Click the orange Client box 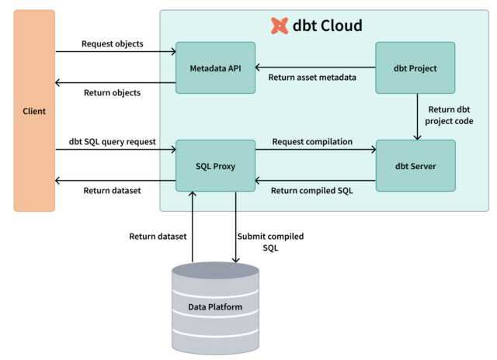[x=34, y=111]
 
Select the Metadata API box [x=215, y=68]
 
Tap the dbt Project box [x=415, y=68]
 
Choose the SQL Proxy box [x=215, y=165]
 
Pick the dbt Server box [x=415, y=165]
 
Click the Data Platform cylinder [x=215, y=306]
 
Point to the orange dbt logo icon [x=280, y=26]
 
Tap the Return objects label [x=112, y=92]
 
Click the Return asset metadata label [x=312, y=77]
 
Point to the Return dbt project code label [x=450, y=115]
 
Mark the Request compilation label [x=312, y=141]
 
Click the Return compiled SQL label [x=311, y=189]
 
